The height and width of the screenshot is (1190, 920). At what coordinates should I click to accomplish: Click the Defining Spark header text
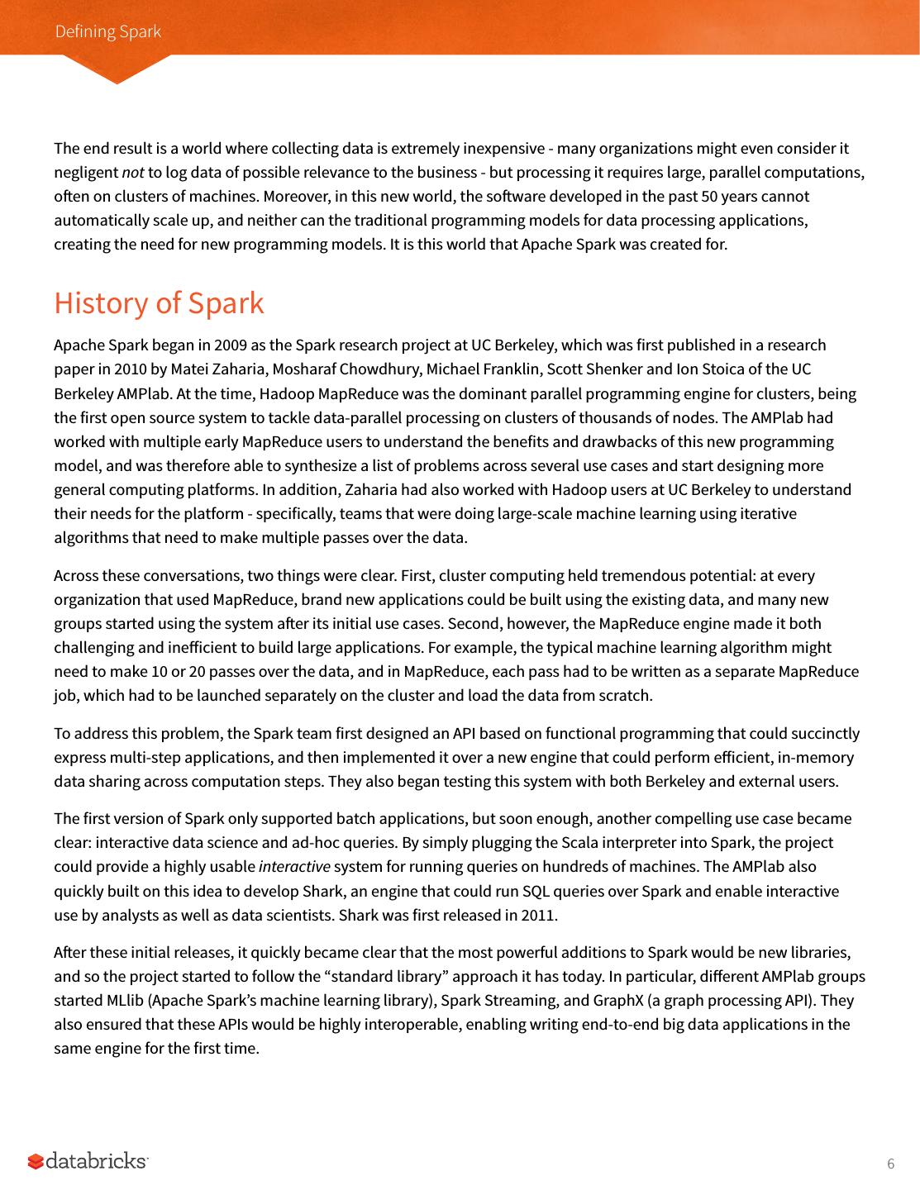pos(107,31)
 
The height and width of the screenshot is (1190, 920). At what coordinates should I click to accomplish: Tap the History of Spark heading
pos(159,302)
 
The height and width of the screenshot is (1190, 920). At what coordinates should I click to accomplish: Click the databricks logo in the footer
pos(88,1161)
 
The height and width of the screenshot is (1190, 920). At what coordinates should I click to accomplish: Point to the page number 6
pos(890,1164)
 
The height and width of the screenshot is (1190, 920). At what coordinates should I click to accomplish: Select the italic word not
pos(132,173)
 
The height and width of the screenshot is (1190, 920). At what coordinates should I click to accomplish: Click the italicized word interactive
pos(294,867)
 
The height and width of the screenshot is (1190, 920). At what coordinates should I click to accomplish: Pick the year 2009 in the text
pos(231,345)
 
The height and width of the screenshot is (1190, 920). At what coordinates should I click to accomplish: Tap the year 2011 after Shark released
pos(538,915)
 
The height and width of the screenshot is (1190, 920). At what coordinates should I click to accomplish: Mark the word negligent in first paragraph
pos(86,173)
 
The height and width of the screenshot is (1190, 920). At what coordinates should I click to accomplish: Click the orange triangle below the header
pos(117,69)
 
